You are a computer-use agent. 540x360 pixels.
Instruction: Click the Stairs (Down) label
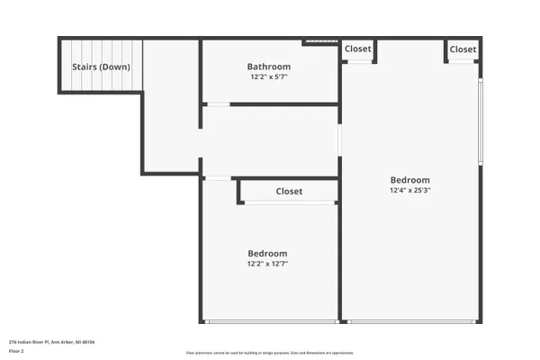[101, 67]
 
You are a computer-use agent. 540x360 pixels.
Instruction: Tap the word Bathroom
[269, 67]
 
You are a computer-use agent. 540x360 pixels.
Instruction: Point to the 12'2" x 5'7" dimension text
[269, 77]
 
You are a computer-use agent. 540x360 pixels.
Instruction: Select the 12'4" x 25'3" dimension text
[409, 191]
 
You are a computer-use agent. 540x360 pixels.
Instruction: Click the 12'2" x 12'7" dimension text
[267, 265]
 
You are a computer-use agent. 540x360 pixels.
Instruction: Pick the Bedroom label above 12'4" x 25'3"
[409, 179]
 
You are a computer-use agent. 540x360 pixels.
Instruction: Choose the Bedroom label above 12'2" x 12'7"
[267, 253]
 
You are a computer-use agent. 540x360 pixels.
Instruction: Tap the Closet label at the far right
[463, 49]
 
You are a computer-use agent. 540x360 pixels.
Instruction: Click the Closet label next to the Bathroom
[357, 49]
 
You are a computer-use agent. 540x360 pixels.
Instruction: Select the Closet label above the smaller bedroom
[289, 192]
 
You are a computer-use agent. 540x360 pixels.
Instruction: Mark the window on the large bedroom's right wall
[481, 122]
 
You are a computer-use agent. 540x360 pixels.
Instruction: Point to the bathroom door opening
[218, 105]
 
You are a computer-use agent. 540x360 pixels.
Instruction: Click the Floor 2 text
[17, 351]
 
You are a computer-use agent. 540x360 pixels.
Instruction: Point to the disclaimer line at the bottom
[269, 352]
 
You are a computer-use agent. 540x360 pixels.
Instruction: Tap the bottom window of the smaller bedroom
[269, 321]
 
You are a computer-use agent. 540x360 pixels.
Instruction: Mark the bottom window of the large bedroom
[410, 321]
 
